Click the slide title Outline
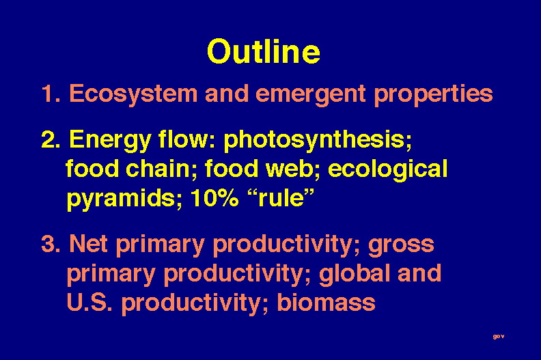click(264, 51)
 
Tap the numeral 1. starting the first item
click(51, 94)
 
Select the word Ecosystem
click(133, 94)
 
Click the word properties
click(433, 94)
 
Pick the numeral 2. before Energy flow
click(51, 139)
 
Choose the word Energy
click(111, 141)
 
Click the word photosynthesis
click(318, 141)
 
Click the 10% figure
click(214, 198)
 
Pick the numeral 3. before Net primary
click(51, 244)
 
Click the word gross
click(401, 245)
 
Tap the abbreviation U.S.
click(89, 302)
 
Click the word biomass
click(326, 302)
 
